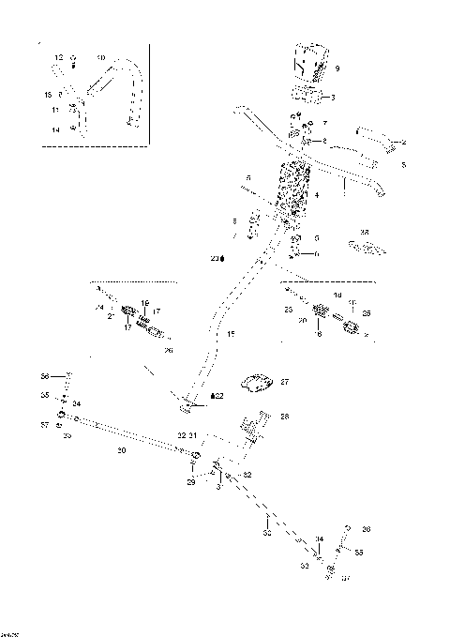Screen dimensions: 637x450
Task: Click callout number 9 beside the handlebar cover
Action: tap(337, 68)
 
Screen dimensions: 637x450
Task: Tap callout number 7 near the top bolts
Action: tap(325, 123)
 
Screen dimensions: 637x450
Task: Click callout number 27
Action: tap(285, 382)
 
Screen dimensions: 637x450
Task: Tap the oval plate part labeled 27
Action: tap(256, 383)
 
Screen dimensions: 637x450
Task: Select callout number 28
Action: tap(285, 416)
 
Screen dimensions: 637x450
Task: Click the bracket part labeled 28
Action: tap(256, 427)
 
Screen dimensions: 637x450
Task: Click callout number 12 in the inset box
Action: tap(58, 58)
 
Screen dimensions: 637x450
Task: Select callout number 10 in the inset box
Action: tap(101, 58)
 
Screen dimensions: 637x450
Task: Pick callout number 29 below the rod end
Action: tap(191, 481)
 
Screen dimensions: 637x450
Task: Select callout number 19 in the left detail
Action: tap(145, 302)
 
